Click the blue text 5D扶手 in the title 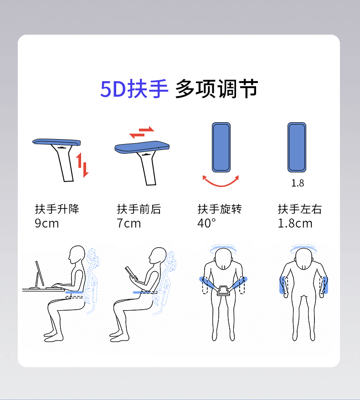coord(134,89)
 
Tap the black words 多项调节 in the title coord(217,89)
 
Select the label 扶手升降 coord(57,209)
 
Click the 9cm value coord(47,223)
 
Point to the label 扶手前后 coord(139,209)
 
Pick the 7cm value coord(129,223)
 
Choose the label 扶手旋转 coord(220,209)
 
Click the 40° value coord(207,223)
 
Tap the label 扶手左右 coord(300,209)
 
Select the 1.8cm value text coord(295,223)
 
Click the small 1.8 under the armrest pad coord(298,183)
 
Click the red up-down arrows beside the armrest coord(82,165)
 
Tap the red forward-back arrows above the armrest coord(142,132)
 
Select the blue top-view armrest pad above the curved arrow coord(221,147)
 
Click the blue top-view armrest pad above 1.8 coord(297,147)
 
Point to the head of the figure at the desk coord(77,255)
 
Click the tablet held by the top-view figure coord(224,291)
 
